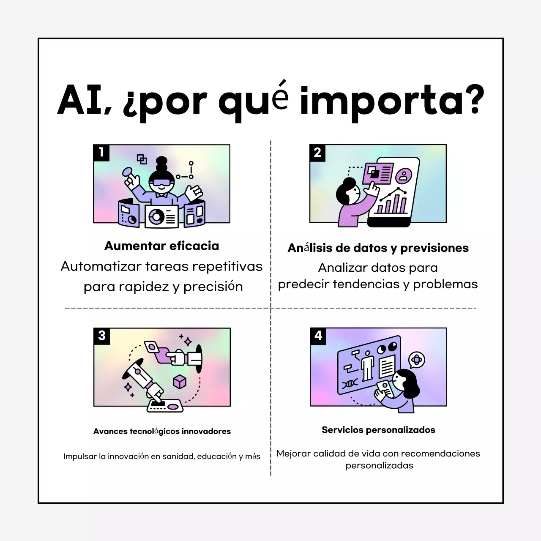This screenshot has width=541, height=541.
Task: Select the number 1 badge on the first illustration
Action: click(x=101, y=153)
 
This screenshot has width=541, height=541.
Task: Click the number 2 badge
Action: click(x=318, y=153)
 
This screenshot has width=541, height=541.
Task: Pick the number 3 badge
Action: click(x=102, y=336)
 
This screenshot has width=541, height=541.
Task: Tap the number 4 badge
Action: click(x=318, y=336)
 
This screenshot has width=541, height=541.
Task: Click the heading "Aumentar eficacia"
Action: click(x=161, y=246)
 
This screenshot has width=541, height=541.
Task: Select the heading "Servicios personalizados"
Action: click(x=378, y=430)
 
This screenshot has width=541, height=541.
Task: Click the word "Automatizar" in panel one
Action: click(x=101, y=266)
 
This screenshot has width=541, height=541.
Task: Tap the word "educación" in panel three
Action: click(x=217, y=456)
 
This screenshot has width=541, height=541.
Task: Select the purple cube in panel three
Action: click(x=180, y=381)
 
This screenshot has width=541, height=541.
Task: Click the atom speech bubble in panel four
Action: click(x=417, y=360)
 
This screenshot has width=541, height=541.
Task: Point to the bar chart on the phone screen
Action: click(x=391, y=204)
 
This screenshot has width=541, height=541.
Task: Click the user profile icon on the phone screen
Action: click(x=404, y=175)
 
